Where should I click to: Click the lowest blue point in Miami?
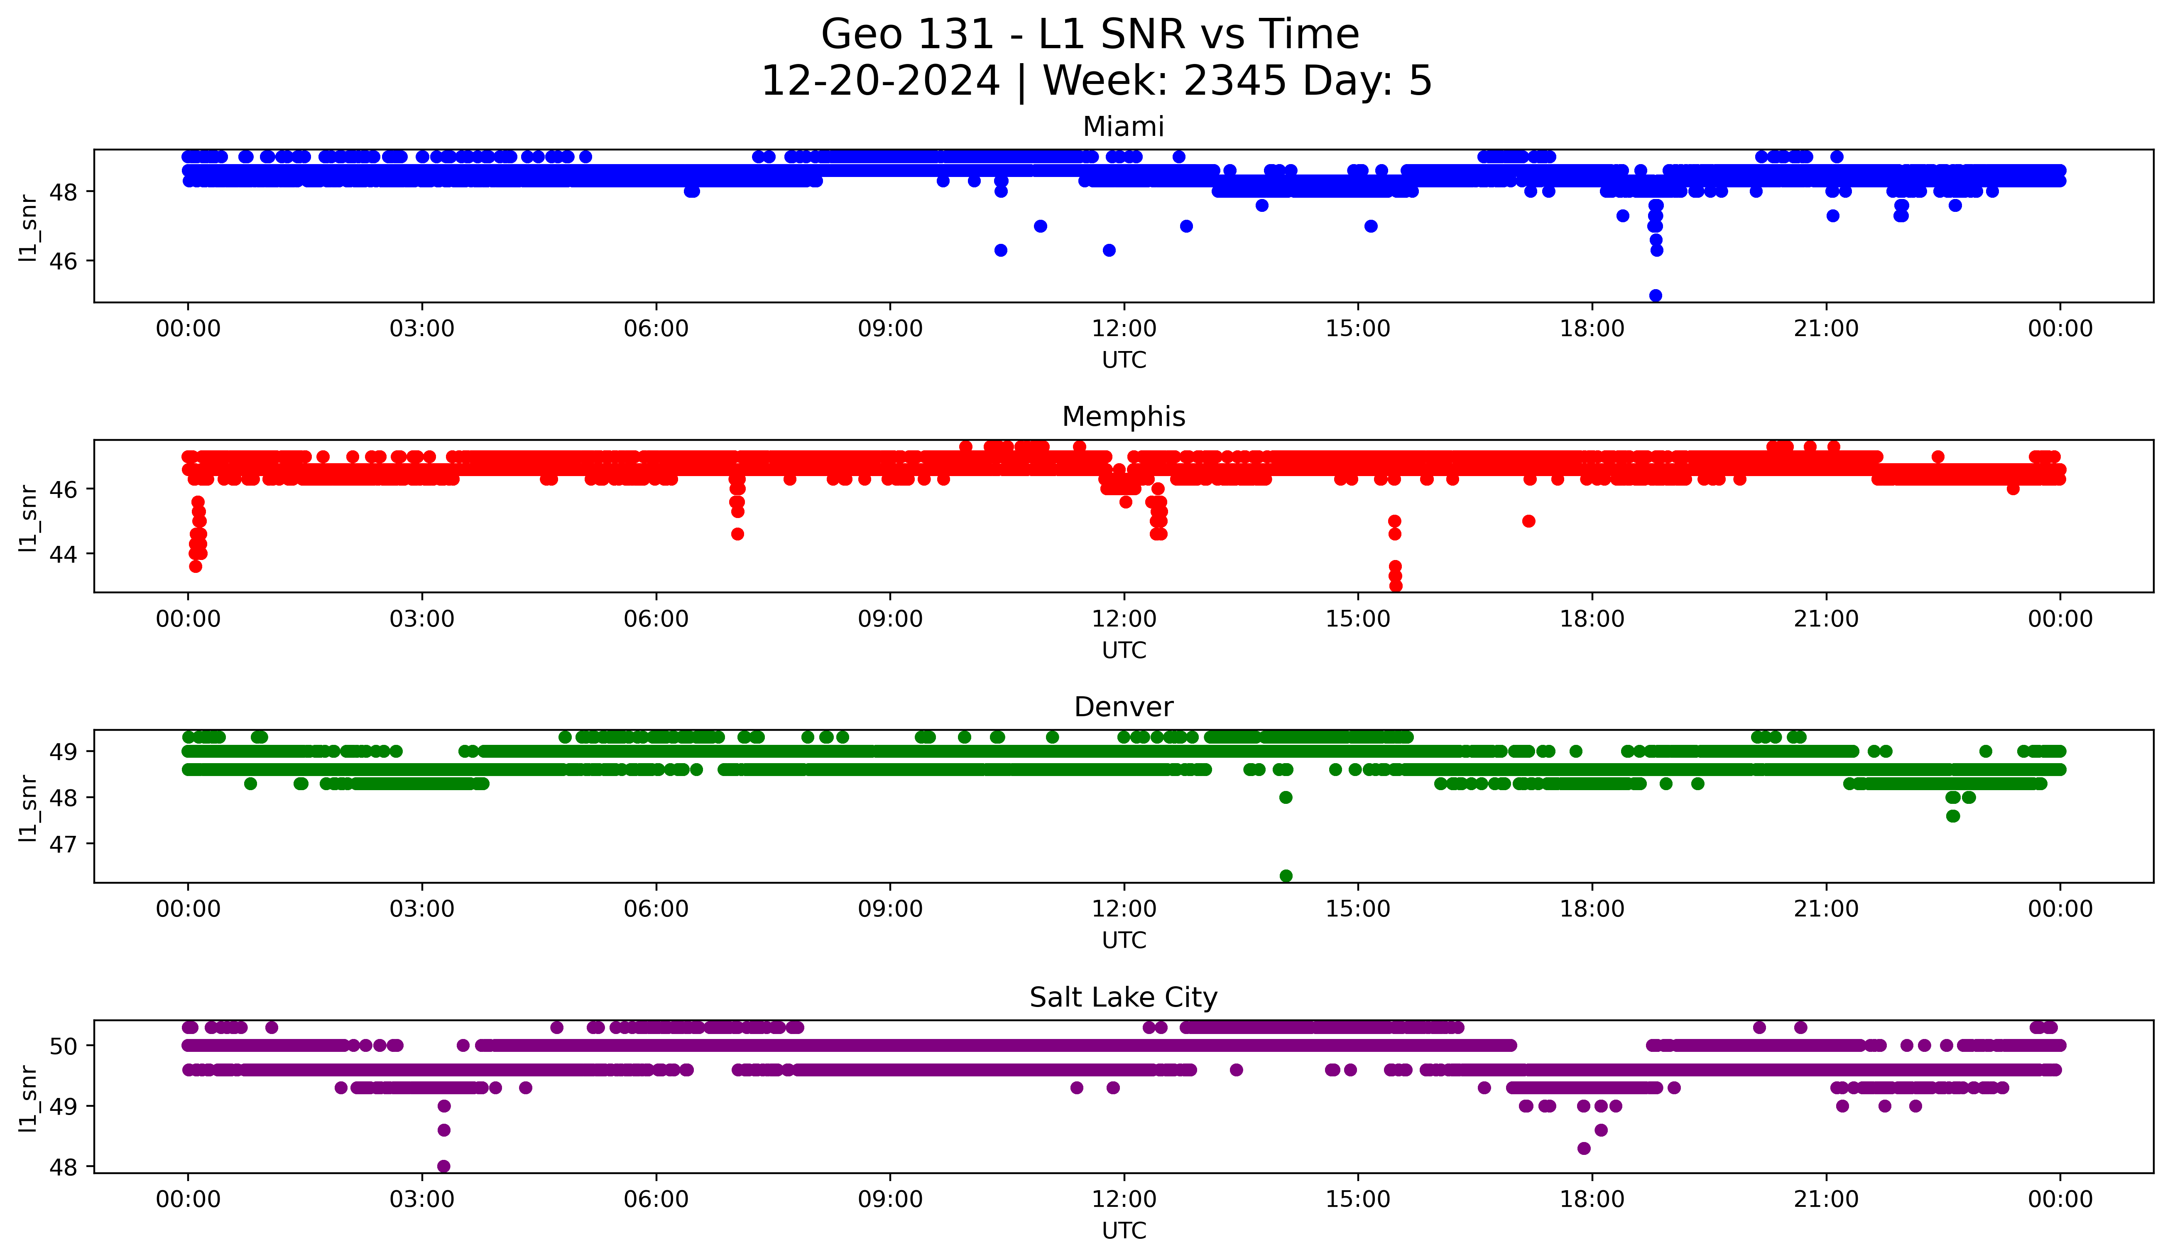[1655, 295]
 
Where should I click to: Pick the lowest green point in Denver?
[1286, 876]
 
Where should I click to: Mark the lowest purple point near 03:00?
[443, 1166]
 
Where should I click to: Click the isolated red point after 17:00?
[1528, 521]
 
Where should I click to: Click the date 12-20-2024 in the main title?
[880, 81]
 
